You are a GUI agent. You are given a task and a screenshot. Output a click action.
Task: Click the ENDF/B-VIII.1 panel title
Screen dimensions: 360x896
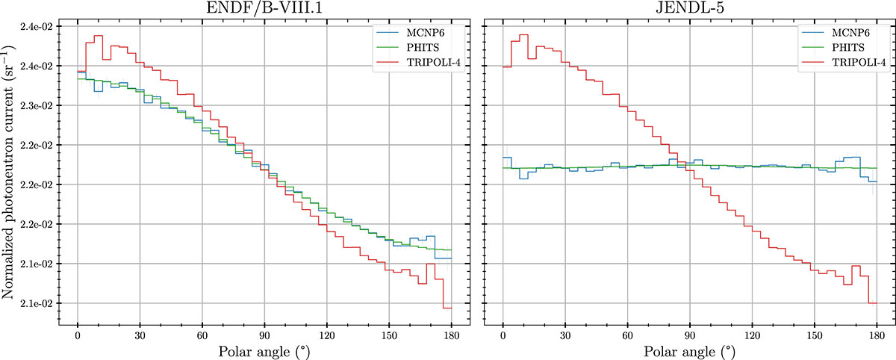pos(264,9)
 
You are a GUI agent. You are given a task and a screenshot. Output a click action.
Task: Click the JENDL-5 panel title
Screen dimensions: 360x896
pos(690,9)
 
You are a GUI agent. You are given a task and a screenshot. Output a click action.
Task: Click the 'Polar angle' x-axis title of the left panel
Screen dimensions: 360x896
pos(264,350)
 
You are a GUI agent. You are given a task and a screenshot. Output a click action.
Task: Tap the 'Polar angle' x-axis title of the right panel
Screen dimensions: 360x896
pos(690,350)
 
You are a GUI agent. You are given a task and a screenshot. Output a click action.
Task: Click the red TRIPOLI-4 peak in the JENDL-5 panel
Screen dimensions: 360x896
pos(523,35)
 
